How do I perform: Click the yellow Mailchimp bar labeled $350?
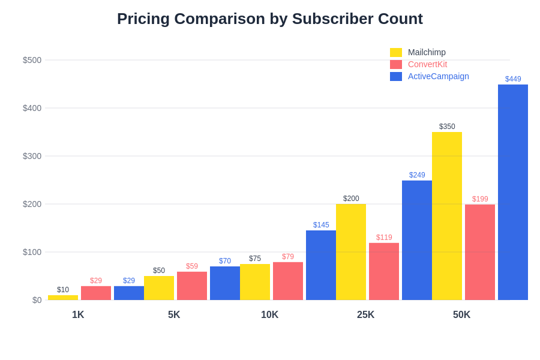click(447, 216)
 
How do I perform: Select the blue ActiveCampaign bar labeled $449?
click(513, 192)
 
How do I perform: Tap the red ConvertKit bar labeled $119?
click(384, 271)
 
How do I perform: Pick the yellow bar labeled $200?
click(351, 252)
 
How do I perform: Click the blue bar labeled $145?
click(321, 265)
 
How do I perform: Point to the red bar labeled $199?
click(480, 252)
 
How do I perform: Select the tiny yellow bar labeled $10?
click(63, 298)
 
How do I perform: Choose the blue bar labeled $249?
click(417, 240)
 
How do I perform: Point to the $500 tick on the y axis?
click(32, 60)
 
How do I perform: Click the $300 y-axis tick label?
click(32, 156)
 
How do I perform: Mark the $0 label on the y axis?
click(37, 300)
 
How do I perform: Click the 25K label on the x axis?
click(365, 315)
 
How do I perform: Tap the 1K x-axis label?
click(78, 315)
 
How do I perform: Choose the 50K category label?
click(461, 315)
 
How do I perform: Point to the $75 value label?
click(255, 259)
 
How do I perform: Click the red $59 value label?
click(192, 266)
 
